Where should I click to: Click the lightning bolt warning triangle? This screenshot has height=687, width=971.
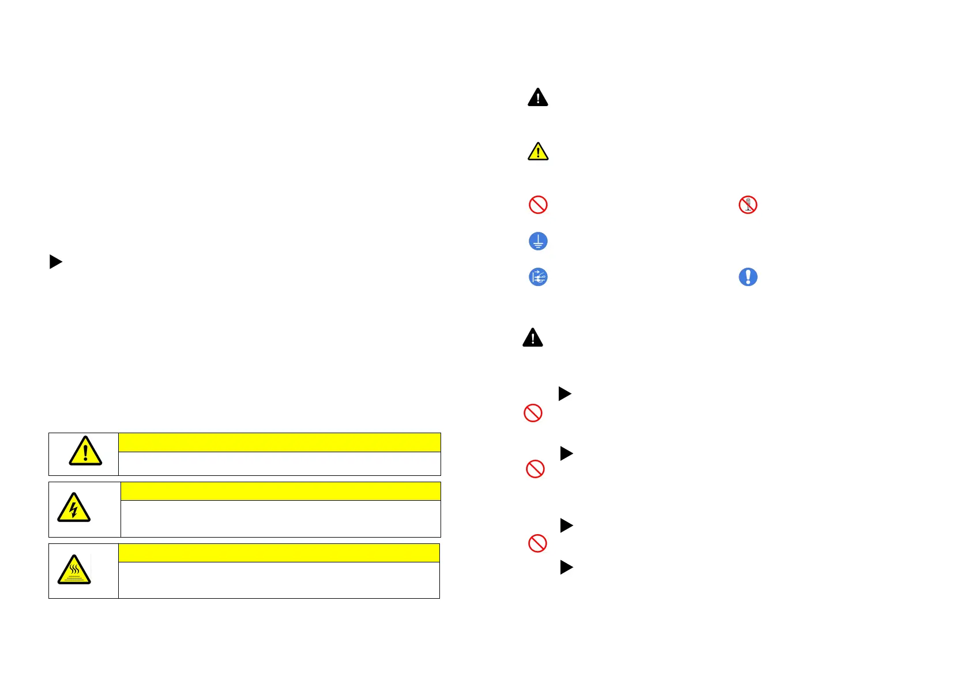(x=74, y=508)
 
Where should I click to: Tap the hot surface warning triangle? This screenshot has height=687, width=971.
(x=74, y=570)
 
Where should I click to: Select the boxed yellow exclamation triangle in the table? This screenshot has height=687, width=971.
(x=85, y=451)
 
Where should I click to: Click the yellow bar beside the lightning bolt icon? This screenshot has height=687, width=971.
(x=280, y=491)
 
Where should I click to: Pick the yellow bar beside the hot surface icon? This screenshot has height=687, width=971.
(x=278, y=553)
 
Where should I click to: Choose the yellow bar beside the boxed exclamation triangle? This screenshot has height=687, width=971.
(x=279, y=442)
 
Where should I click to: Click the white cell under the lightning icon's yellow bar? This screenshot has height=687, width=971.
(x=280, y=519)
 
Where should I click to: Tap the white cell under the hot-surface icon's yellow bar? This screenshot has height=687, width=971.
(x=278, y=580)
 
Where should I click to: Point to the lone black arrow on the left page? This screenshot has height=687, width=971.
(x=55, y=262)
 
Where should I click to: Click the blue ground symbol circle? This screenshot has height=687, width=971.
(x=538, y=241)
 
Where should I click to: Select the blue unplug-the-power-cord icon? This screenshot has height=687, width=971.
(x=538, y=277)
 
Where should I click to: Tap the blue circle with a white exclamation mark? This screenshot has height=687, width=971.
(x=748, y=277)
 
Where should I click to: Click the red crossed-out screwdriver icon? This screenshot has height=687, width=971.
(x=748, y=205)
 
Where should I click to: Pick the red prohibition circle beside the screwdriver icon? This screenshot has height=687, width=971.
(x=538, y=205)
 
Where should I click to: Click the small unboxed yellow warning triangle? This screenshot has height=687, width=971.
(x=538, y=152)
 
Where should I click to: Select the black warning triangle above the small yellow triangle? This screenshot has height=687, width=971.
(x=538, y=97)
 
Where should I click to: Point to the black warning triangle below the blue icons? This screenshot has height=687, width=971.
(x=533, y=338)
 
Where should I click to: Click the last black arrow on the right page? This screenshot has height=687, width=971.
(x=566, y=568)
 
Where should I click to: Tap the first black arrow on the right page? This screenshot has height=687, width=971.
(x=564, y=394)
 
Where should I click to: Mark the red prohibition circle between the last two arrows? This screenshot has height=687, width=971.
(x=537, y=543)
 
